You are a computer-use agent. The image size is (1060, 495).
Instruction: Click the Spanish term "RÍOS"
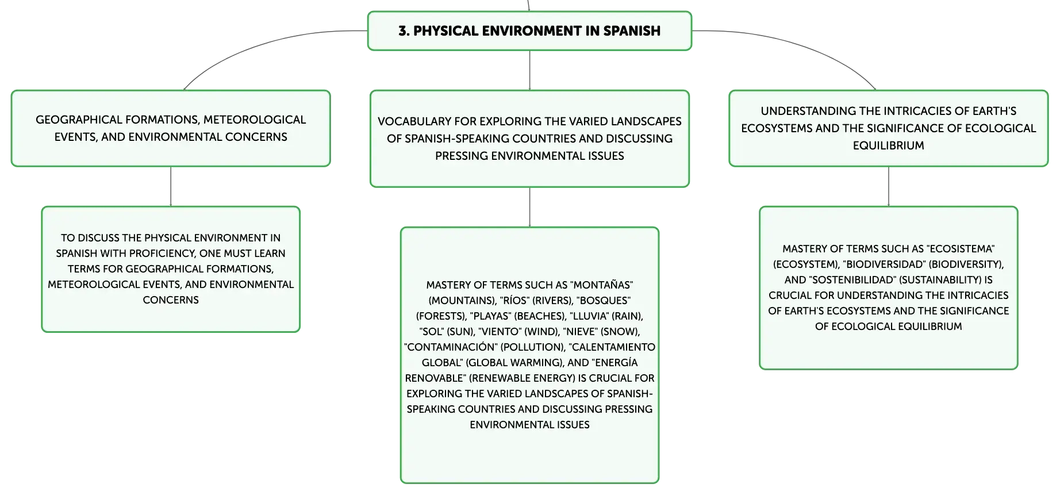514,301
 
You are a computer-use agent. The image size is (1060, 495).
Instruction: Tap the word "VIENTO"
500,332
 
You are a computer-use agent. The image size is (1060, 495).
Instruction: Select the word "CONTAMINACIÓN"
451,347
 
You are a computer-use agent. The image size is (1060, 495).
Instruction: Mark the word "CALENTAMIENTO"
613,347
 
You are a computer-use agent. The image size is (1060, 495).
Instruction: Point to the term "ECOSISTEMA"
962,249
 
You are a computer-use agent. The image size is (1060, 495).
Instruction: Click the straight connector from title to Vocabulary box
529,70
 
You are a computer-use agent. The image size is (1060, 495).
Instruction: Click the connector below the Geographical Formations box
171,186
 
